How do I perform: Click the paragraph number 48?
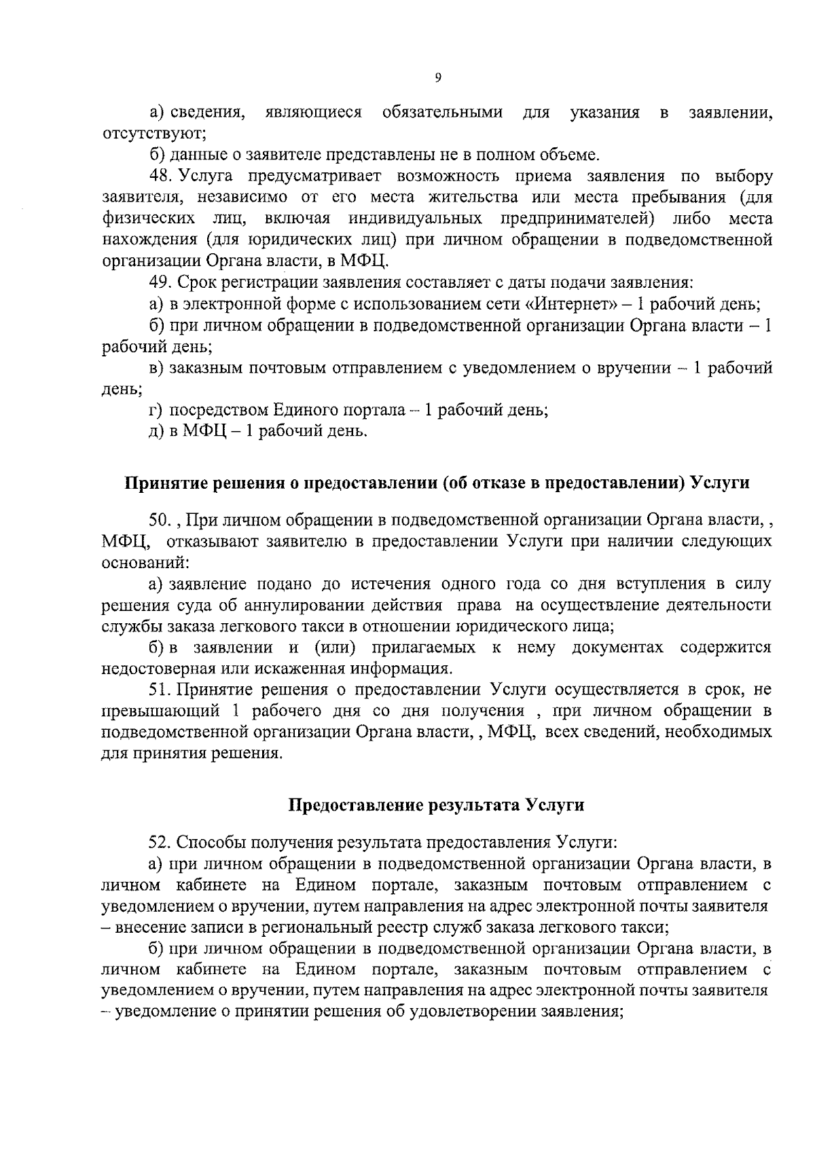(x=161, y=176)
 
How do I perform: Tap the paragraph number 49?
(x=161, y=282)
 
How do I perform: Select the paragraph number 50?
(x=161, y=520)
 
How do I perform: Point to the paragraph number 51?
(x=161, y=690)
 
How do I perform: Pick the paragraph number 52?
(x=161, y=842)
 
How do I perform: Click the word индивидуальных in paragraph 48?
(x=415, y=219)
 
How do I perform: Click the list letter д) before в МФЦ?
(x=156, y=431)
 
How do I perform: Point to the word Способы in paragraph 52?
(x=212, y=842)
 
